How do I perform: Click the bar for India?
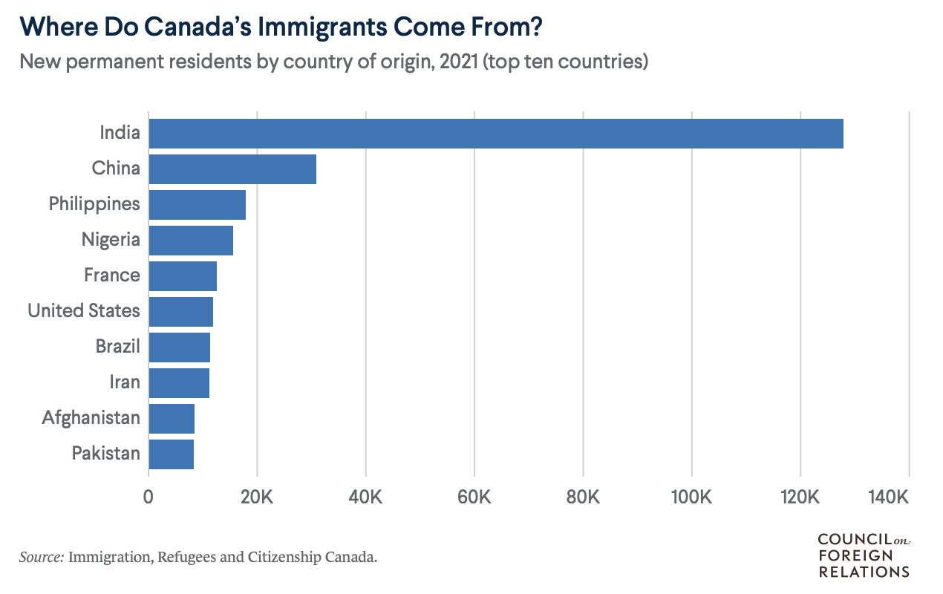pyautogui.click(x=496, y=133)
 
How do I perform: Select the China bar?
pyautogui.click(x=232, y=169)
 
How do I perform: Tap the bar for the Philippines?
pyautogui.click(x=198, y=204)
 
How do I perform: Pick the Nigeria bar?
pyautogui.click(x=191, y=240)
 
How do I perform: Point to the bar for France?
pyautogui.click(x=183, y=275)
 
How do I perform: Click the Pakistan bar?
pyautogui.click(x=172, y=454)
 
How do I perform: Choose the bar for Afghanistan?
pyautogui.click(x=172, y=418)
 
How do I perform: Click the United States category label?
pyautogui.click(x=84, y=310)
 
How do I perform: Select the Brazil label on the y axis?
pyautogui.click(x=117, y=346)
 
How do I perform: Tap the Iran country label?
pyautogui.click(x=125, y=382)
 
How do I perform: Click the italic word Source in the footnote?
pyautogui.click(x=41, y=556)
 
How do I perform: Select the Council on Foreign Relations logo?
pyautogui.click(x=864, y=555)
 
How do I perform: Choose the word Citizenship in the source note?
pyautogui.click(x=287, y=557)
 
